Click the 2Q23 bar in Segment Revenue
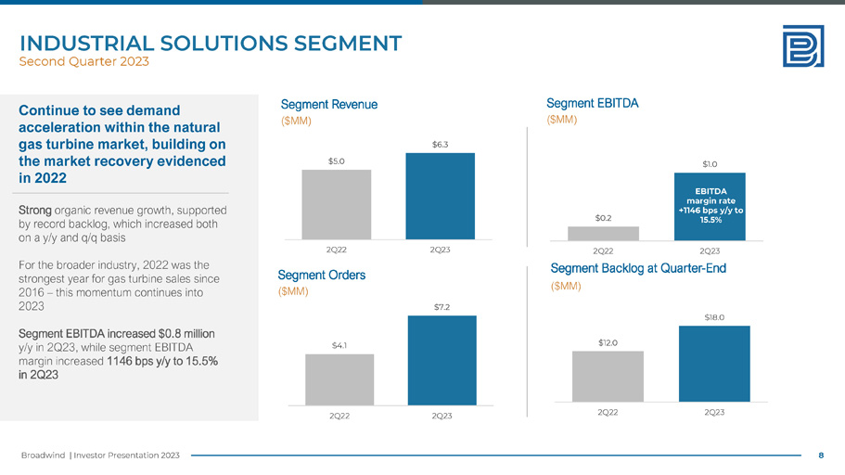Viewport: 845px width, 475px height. [439, 196]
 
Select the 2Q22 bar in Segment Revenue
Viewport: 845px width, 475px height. [336, 204]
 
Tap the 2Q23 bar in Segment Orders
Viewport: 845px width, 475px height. [442, 359]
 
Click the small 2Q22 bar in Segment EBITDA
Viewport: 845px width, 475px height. [603, 233]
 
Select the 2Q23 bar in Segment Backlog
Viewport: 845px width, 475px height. [714, 363]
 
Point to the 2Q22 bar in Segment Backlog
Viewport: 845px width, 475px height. [608, 375]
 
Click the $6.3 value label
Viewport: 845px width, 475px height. [441, 145]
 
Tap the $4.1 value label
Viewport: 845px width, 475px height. [339, 346]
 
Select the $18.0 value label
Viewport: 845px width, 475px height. [713, 317]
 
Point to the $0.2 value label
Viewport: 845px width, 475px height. [603, 218]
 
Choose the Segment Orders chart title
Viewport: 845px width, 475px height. [322, 275]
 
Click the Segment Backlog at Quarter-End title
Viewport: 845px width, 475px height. [637, 269]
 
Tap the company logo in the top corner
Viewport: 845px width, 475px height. [802, 45]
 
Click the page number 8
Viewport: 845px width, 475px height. [821, 455]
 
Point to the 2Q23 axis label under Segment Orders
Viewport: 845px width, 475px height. [442, 416]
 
